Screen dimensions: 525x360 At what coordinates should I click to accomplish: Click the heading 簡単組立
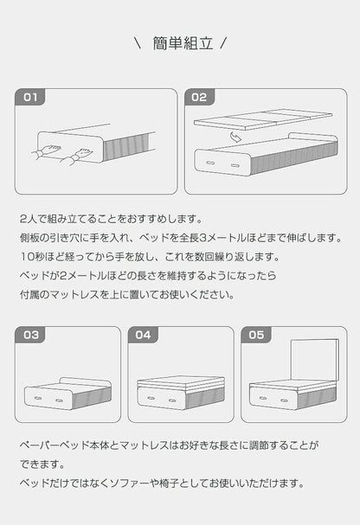pos(180,42)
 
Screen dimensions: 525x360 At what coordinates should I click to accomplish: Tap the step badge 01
pos(31,98)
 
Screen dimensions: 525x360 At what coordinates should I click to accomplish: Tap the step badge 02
pos(200,98)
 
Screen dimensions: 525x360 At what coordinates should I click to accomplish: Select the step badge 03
pos(31,334)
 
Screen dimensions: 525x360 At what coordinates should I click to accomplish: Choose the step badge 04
pos(144,334)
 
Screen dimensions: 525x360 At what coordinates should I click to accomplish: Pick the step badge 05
pos(256,334)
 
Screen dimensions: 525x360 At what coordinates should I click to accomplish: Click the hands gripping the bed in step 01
pos(61,154)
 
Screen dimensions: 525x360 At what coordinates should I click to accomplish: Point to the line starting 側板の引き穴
pos(180,238)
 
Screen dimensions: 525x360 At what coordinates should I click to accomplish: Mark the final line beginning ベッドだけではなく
pos(160,483)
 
